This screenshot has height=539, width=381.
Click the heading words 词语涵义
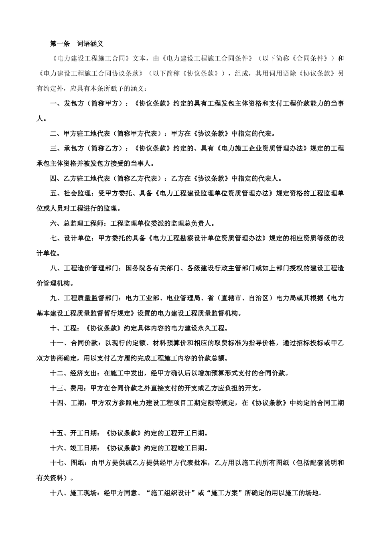click(x=90, y=43)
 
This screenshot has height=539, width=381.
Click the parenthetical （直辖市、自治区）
click(x=245, y=298)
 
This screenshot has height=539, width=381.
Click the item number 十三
click(x=57, y=388)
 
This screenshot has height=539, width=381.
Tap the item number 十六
click(x=57, y=448)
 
